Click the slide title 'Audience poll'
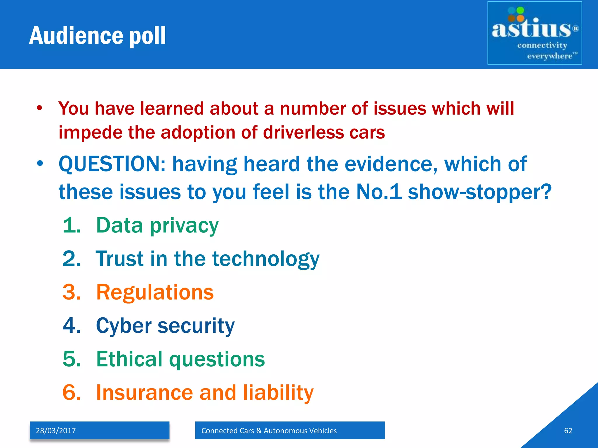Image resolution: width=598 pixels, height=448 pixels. (x=98, y=36)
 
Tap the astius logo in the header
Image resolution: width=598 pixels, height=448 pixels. (x=534, y=33)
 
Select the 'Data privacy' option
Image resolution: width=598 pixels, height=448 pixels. (x=157, y=226)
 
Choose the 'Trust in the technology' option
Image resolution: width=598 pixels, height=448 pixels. (x=208, y=259)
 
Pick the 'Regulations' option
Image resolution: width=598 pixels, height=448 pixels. (x=155, y=292)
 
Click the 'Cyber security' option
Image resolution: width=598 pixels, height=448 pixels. (x=165, y=325)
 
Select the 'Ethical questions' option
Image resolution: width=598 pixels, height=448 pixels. (x=180, y=359)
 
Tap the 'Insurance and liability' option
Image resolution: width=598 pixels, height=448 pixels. (x=205, y=393)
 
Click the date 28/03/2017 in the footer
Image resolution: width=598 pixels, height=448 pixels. (x=56, y=430)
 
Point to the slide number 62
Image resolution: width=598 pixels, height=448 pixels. (x=568, y=430)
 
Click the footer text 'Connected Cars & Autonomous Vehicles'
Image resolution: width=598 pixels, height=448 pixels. (x=269, y=430)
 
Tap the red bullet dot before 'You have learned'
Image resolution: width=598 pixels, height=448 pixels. (x=40, y=108)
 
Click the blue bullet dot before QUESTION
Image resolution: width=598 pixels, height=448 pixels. (x=40, y=164)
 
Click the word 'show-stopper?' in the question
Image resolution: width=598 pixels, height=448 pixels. (x=479, y=192)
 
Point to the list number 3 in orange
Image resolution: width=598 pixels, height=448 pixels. (x=72, y=292)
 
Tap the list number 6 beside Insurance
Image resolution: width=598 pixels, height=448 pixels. (x=72, y=393)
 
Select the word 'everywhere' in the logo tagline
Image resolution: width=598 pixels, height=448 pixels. (x=550, y=56)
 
